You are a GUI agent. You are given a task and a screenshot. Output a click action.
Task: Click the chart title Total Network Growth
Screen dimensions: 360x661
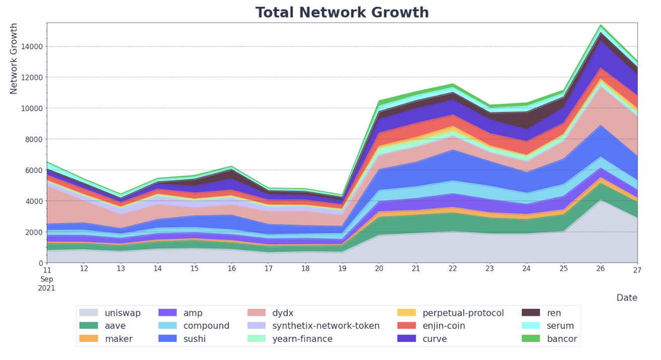click(342, 12)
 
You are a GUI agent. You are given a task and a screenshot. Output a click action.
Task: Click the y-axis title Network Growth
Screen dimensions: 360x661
click(14, 58)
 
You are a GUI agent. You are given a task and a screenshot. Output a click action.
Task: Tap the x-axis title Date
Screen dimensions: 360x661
click(627, 298)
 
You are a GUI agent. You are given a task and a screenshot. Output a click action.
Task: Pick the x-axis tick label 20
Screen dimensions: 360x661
click(379, 269)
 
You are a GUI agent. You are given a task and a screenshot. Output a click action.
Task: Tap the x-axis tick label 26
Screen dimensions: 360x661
click(601, 269)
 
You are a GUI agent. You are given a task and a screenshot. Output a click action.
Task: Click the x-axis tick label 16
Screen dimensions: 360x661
click(232, 269)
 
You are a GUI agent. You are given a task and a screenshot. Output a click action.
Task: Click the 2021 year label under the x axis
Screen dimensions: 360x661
click(47, 289)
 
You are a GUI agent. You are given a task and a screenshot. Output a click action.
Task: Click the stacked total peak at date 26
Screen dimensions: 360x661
click(601, 25)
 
